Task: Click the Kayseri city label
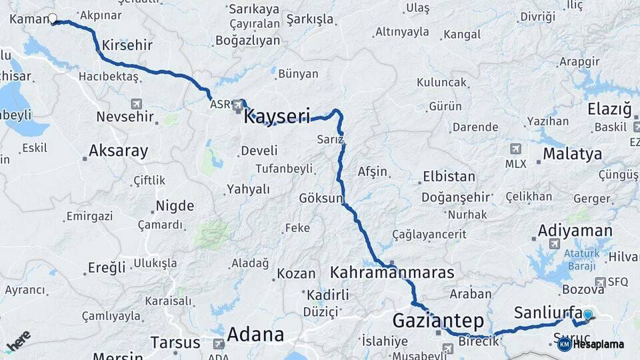coord(277,117)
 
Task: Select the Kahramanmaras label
coord(392,273)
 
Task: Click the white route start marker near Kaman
coord(53,19)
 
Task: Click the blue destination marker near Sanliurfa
coord(587,315)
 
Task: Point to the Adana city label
coord(255,334)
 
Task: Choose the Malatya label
coord(572,154)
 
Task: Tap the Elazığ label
coord(609,109)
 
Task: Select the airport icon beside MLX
coord(515,149)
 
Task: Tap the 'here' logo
coord(18,341)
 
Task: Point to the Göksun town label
coord(321,199)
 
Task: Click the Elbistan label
coord(449,177)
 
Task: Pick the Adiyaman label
coord(575,231)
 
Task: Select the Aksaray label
coord(118,151)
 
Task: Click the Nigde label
coord(175,205)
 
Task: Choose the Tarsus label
coord(175,343)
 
